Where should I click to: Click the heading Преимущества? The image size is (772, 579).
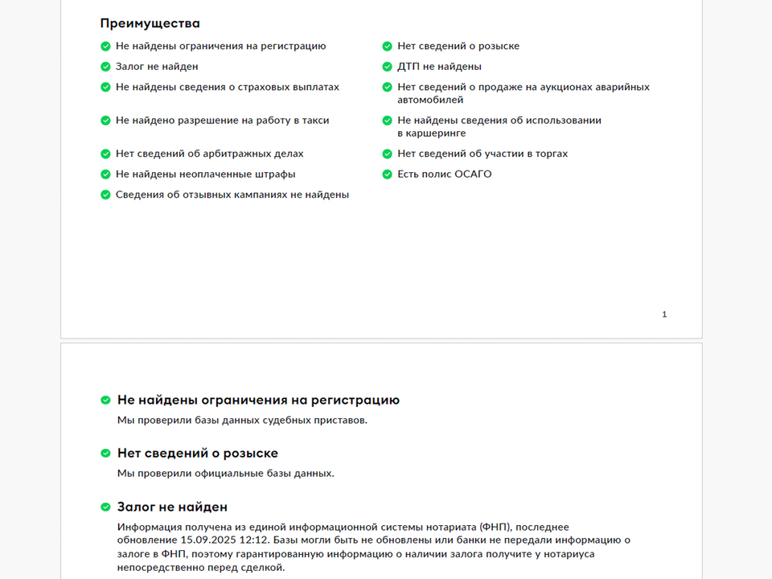(x=150, y=23)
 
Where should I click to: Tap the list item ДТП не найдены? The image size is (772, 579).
(x=439, y=67)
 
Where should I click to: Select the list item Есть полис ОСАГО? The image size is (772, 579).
(x=444, y=174)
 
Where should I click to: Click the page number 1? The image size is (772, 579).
(x=664, y=314)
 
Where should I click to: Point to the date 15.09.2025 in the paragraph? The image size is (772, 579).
(x=204, y=540)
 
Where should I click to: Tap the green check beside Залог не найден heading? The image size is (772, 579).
(x=105, y=507)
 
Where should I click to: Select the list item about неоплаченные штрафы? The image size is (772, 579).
(x=205, y=174)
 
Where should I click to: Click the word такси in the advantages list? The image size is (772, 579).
(x=314, y=120)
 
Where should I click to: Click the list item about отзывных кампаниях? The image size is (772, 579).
(x=232, y=195)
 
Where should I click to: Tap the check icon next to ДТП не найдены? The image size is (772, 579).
(x=388, y=67)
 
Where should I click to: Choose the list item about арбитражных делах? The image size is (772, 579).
(x=209, y=154)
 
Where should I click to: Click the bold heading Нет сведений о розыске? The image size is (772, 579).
(x=198, y=454)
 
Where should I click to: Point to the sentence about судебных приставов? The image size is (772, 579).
(x=242, y=420)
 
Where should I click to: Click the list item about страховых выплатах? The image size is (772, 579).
(x=227, y=87)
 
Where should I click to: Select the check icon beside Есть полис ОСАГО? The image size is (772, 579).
(x=388, y=174)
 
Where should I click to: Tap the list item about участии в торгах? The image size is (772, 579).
(x=482, y=154)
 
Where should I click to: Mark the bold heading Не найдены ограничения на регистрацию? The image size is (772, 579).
(x=258, y=400)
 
